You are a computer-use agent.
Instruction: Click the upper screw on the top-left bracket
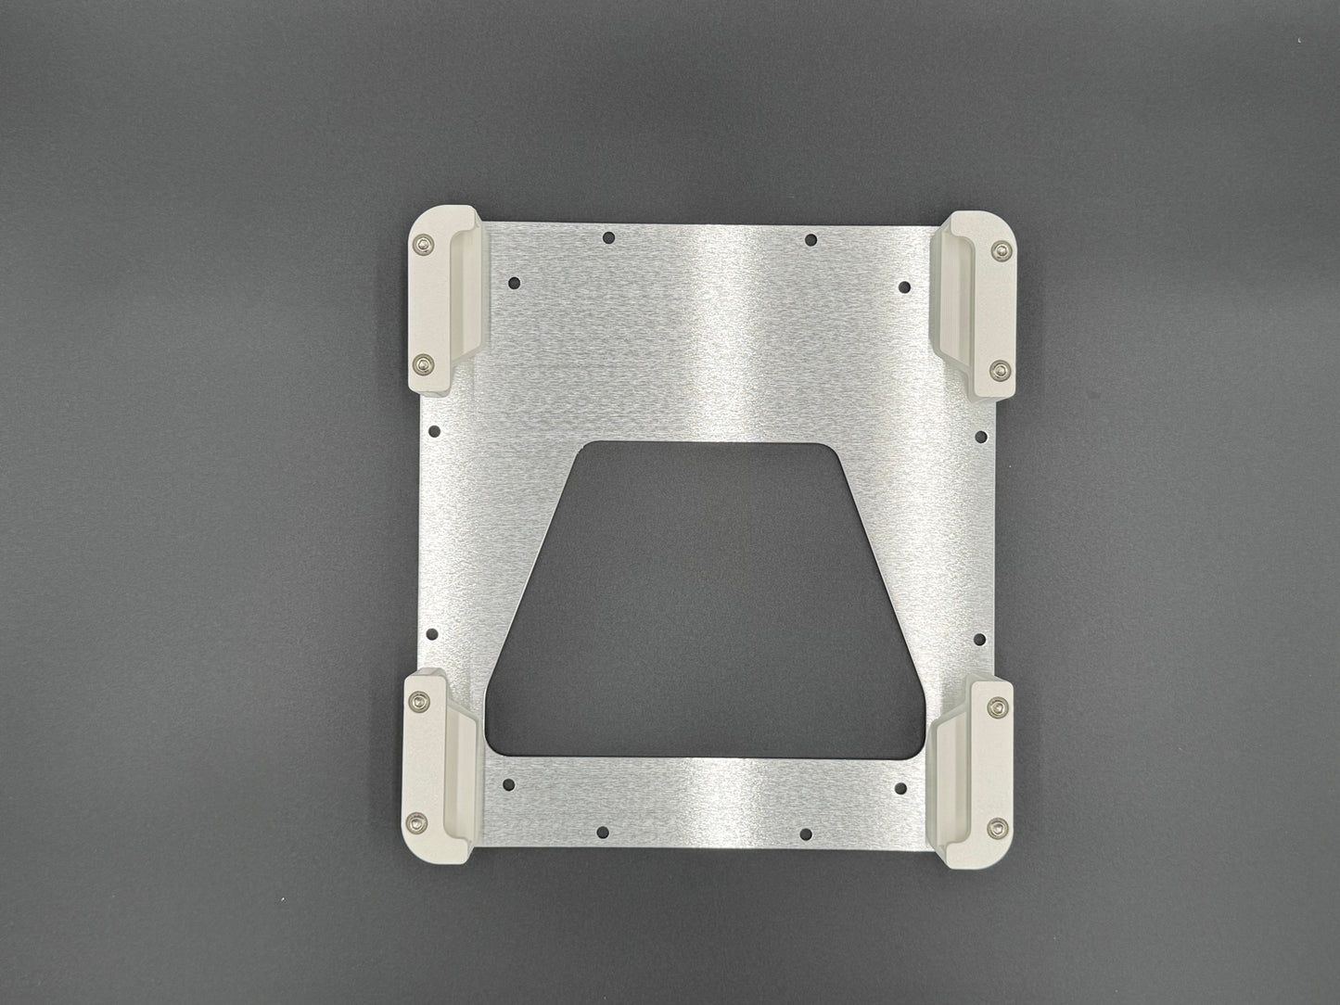click(x=424, y=245)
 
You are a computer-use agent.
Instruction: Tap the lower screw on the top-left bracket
click(x=424, y=363)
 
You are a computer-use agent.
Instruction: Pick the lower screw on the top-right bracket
click(x=998, y=368)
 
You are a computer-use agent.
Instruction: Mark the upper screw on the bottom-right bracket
click(x=998, y=707)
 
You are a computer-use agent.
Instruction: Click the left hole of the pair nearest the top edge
click(x=608, y=238)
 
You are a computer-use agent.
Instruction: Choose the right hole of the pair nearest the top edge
click(x=810, y=240)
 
